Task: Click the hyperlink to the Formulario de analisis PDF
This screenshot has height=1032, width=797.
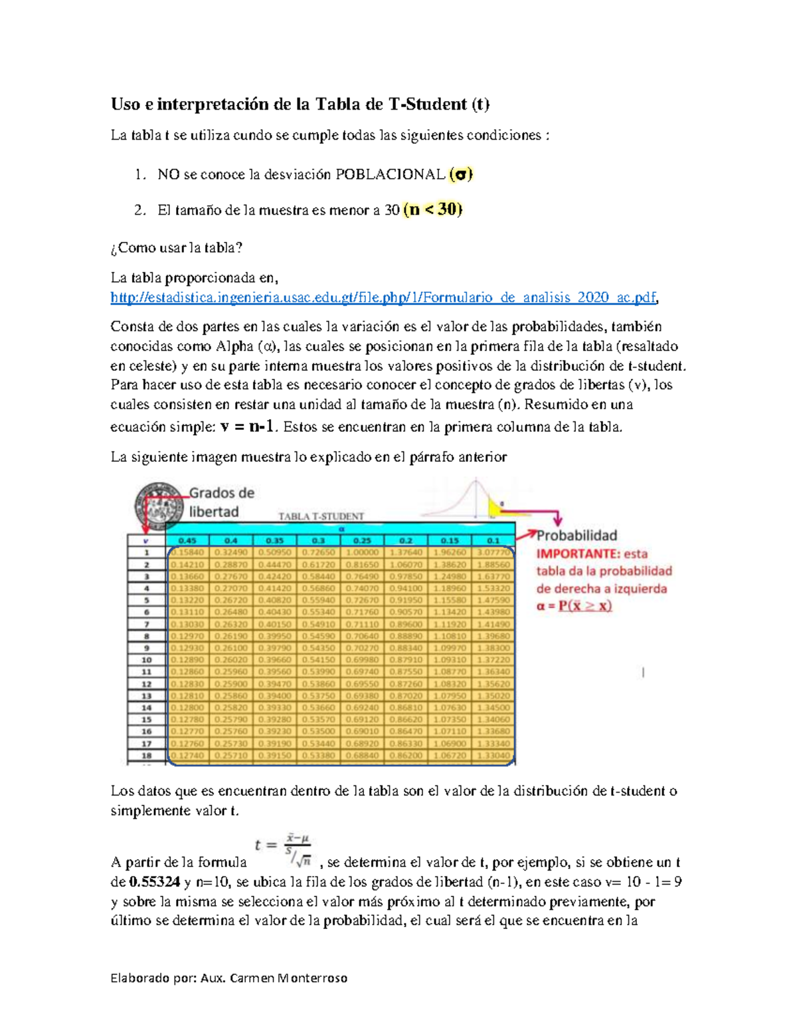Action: [x=384, y=298]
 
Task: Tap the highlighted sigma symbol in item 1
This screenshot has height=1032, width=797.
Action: [x=460, y=175]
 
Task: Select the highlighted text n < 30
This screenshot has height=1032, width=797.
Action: [x=432, y=210]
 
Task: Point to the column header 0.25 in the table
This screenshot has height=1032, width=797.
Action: [x=362, y=540]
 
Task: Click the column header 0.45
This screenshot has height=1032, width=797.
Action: [x=187, y=540]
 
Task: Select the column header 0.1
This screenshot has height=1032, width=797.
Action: [x=493, y=540]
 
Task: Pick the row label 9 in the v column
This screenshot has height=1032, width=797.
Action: [x=146, y=648]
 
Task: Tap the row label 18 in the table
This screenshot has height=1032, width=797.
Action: [x=146, y=756]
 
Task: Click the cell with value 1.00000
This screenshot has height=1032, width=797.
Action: [x=362, y=552]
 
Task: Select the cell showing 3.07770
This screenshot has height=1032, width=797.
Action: [x=493, y=552]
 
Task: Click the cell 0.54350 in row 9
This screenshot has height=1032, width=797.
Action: [x=318, y=648]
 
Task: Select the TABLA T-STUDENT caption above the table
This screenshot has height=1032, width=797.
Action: [x=321, y=516]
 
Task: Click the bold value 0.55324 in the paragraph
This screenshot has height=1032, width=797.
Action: [x=154, y=882]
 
